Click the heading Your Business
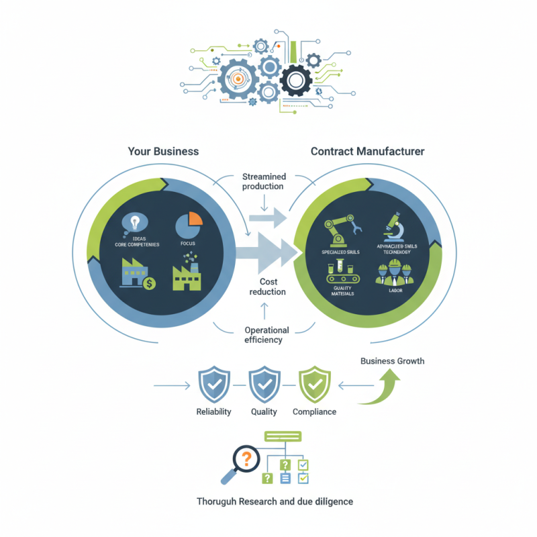[163, 151]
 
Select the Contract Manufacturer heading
[367, 151]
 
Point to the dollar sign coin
[150, 283]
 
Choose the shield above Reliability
[213, 385]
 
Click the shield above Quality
[263, 385]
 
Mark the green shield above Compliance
[313, 385]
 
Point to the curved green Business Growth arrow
[383, 389]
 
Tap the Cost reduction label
[268, 287]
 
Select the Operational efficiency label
[266, 335]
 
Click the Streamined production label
[262, 181]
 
